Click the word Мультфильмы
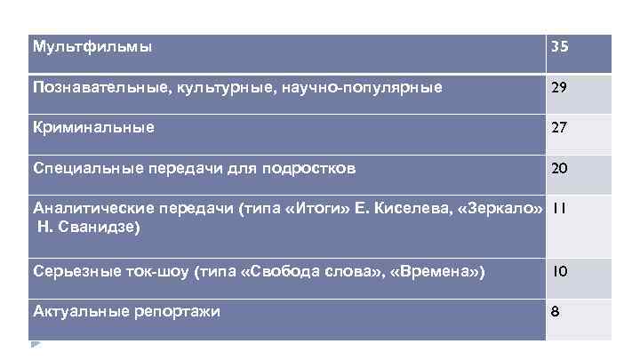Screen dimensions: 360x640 point(92,45)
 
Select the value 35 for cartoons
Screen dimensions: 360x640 point(559,47)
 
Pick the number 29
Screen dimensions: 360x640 point(559,88)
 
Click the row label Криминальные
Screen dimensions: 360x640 point(93,127)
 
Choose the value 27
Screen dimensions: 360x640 point(559,128)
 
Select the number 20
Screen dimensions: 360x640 point(559,169)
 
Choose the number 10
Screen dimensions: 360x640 point(559,272)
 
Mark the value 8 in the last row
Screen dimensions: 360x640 point(555,313)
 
